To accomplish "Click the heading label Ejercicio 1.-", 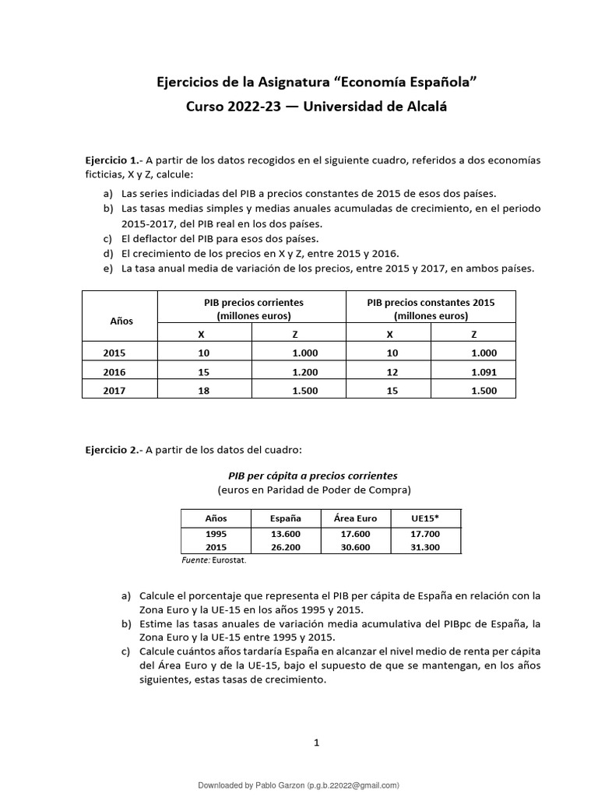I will point(114,160).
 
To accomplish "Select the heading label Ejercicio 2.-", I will point(114,449).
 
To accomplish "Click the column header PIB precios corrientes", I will point(253,303).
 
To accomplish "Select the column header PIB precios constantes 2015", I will point(431,303).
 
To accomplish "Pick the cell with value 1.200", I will point(304,372).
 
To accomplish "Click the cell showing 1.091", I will point(484,372).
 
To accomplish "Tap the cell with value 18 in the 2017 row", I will point(204,391).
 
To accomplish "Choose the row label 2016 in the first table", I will point(114,372).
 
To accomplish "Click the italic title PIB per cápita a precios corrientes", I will point(312,476).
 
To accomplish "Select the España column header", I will point(285,518).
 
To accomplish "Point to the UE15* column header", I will point(425,518).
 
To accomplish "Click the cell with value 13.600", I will point(285,534).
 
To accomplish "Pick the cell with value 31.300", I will point(425,547).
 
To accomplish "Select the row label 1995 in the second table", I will point(216,534).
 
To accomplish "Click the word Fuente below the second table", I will point(195,560).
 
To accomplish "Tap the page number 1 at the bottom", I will point(316,743).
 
